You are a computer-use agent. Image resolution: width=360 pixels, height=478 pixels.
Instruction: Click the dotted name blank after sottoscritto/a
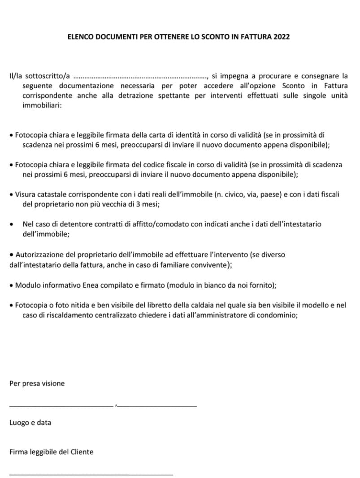[x=139, y=77]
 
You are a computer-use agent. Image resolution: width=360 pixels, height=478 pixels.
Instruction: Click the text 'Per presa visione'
[x=37, y=383]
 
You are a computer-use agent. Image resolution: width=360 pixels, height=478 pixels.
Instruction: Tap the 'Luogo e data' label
[x=30, y=422]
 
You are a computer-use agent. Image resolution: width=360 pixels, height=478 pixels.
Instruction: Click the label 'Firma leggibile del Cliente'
[x=52, y=452]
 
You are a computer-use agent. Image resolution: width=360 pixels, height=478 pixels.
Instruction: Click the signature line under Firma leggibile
[x=91, y=474]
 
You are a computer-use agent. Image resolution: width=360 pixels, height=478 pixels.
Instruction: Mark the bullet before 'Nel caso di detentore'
[x=11, y=224]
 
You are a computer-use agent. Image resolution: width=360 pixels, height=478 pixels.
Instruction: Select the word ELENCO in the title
[x=79, y=37]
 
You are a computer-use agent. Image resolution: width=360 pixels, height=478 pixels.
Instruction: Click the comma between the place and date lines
[x=116, y=406]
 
